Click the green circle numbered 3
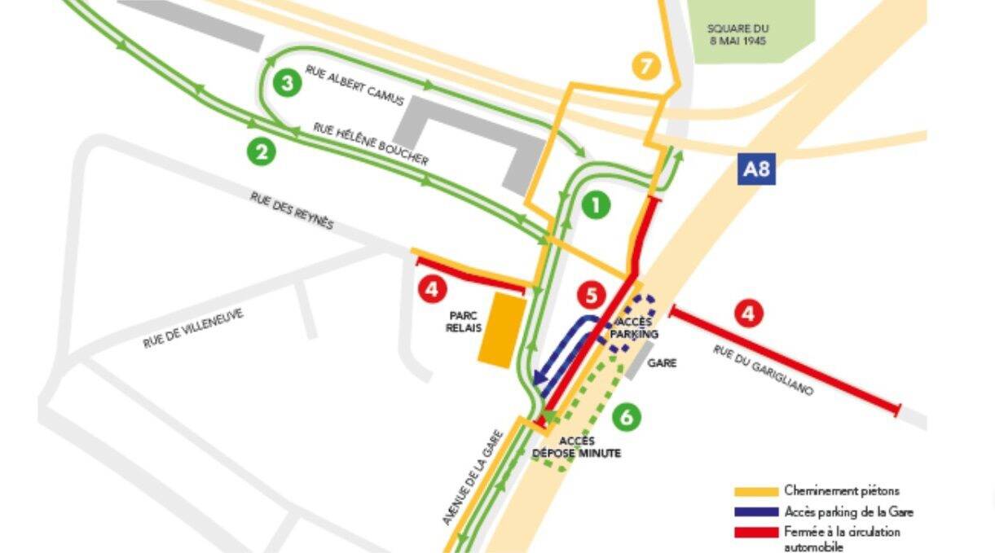pos(286,82)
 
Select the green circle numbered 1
pos(597,205)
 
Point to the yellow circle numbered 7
pos(645,66)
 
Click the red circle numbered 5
pos(592,295)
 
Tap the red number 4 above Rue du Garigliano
pos(748,314)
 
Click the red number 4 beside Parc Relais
pos(432,288)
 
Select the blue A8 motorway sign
pos(755,170)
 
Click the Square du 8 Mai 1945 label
pos(738,33)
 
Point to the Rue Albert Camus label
pos(354,86)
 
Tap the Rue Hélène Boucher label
pos(371,144)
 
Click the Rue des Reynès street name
pos(292,209)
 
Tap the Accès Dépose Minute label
pos(576,447)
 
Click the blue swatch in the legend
pos(755,512)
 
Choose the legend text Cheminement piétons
pos(842,491)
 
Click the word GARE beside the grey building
pos(662,363)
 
